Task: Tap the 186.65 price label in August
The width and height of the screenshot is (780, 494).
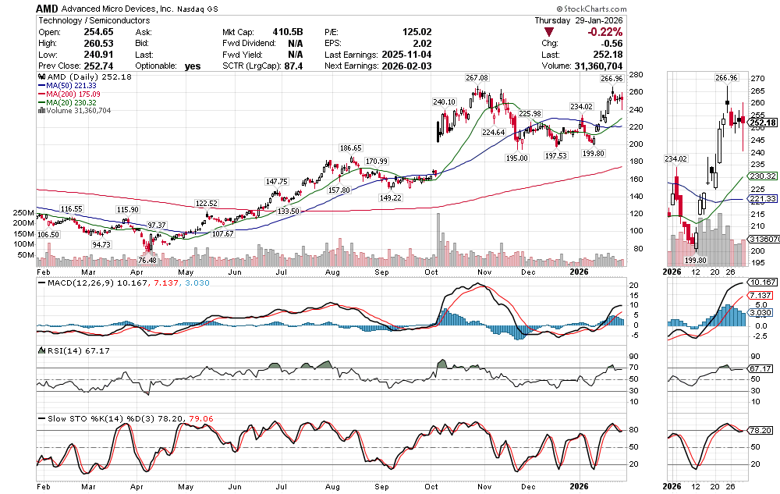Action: (x=351, y=147)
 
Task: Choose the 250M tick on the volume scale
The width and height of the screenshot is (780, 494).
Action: (x=22, y=213)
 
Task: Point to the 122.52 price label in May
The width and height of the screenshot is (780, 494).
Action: (x=207, y=203)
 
